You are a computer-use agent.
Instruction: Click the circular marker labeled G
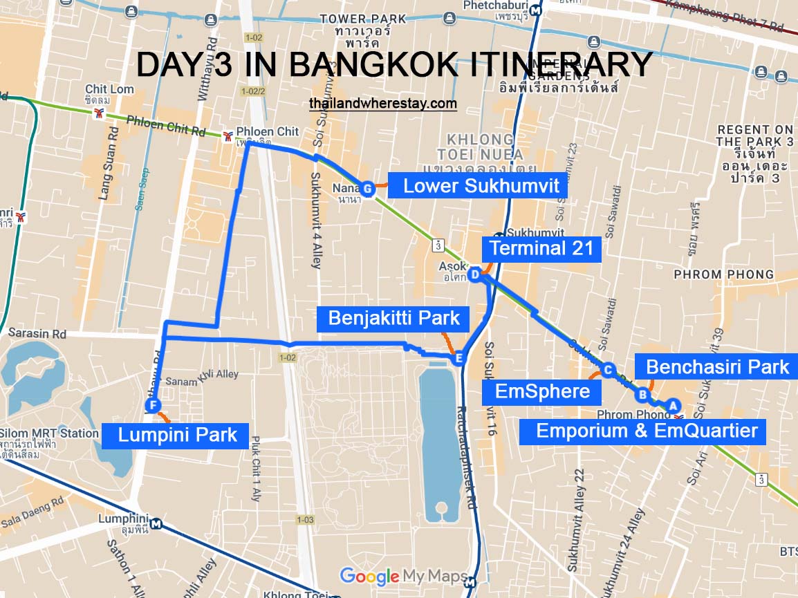coord(367,188)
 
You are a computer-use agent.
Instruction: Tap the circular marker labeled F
coord(153,405)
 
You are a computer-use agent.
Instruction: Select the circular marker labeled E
coord(457,358)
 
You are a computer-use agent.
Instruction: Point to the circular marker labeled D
coord(474,275)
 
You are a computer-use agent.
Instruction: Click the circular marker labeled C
coord(608,370)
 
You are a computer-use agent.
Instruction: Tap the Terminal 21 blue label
coord(541,248)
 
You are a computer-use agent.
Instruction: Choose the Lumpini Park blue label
coord(177,436)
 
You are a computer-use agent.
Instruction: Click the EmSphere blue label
coord(542,392)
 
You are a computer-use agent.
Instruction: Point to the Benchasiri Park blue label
coord(717,366)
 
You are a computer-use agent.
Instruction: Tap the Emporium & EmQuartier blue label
coord(647,432)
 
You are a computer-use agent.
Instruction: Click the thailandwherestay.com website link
coord(383,104)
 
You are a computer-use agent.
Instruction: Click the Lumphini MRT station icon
coord(157,524)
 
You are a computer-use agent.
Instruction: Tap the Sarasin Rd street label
coord(37,334)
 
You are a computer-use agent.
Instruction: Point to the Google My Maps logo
coord(394,576)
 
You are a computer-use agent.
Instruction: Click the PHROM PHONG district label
coord(723,274)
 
